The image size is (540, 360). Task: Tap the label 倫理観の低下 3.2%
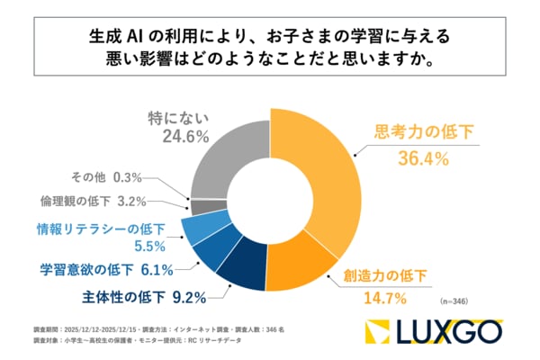pyautogui.click(x=93, y=202)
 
